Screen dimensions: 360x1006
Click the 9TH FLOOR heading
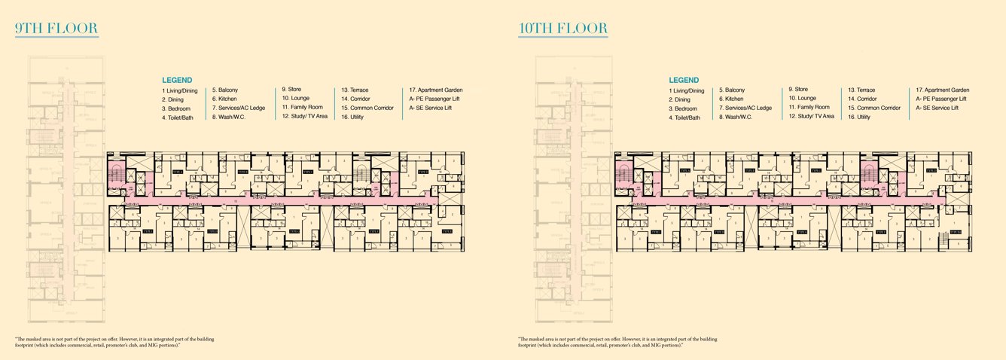click(56, 29)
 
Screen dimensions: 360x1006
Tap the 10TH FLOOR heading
click(563, 29)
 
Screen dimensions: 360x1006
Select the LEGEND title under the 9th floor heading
click(177, 80)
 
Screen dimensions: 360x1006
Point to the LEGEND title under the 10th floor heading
click(684, 80)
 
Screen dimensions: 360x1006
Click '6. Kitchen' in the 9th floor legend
click(224, 99)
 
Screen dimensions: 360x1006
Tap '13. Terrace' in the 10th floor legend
click(861, 90)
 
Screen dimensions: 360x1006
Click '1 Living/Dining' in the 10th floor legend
click(686, 90)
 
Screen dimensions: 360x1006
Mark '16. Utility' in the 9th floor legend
click(352, 117)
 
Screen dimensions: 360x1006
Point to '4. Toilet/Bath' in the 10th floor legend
click(684, 117)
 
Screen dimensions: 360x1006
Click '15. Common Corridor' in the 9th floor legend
click(367, 108)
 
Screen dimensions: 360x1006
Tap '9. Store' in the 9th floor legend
click(292, 89)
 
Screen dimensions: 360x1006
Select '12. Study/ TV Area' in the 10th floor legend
click(811, 116)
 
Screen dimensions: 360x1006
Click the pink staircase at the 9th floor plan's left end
click(115, 174)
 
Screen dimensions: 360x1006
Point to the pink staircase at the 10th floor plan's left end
click(622, 175)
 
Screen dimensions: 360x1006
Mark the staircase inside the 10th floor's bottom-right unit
click(954, 233)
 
